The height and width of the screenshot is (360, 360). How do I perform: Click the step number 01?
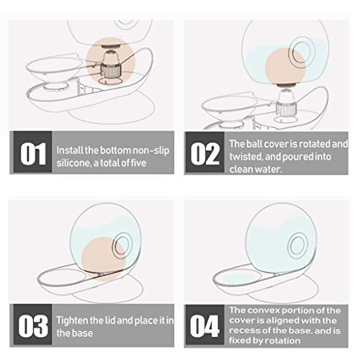pos(33,154)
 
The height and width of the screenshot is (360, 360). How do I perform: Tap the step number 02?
pos(205,154)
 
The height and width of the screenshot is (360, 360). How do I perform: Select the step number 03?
pos(33,325)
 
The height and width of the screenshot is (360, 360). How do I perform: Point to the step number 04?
pos(204,325)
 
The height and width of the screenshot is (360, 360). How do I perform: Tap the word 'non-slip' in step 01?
pos(151,150)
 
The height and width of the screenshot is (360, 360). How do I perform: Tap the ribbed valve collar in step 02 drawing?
pos(287,109)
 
